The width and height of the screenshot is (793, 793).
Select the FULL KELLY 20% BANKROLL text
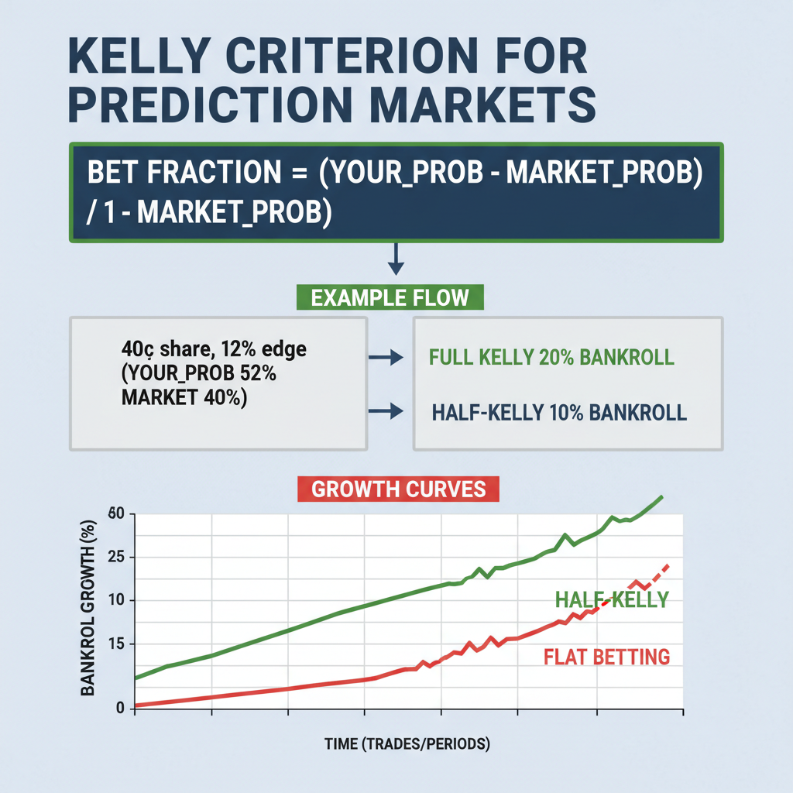551,358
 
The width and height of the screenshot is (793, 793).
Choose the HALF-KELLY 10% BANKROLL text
558,412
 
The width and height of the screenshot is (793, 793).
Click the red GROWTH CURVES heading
398,489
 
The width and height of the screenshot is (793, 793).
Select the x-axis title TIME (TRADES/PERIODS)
407,745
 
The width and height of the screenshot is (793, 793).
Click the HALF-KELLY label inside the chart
612,599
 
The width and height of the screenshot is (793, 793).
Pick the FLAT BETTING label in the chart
606,657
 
